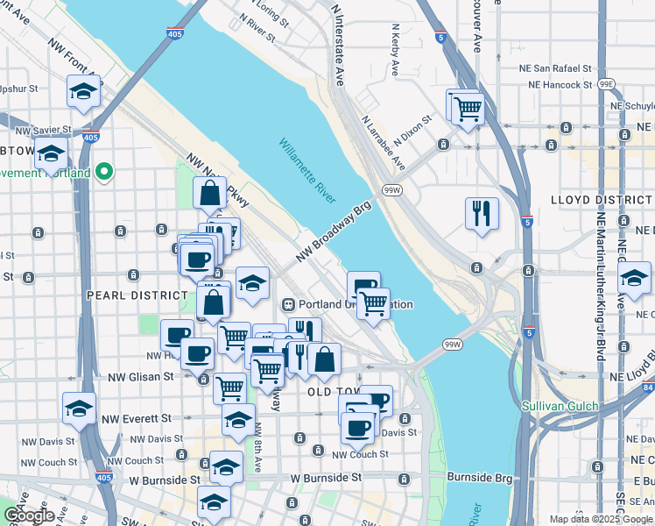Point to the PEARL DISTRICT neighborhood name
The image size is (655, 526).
[126, 295]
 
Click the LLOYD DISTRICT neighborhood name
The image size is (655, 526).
[602, 200]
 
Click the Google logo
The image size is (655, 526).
[29, 515]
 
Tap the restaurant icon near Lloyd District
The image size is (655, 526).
[481, 213]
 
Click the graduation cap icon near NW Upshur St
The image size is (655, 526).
[84, 91]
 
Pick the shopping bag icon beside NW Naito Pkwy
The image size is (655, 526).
[210, 194]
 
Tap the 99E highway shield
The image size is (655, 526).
[606, 84]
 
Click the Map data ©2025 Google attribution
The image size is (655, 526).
[600, 519]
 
